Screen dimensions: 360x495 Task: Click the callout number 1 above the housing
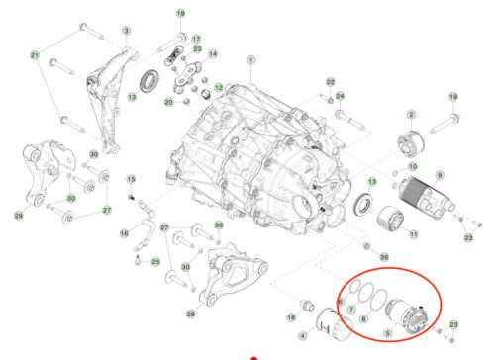(x=251, y=59)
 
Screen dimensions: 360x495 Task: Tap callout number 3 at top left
(x=126, y=31)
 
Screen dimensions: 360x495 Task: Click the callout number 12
(x=217, y=89)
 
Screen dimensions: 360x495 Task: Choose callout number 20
(x=169, y=102)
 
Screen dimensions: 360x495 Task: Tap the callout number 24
(x=341, y=96)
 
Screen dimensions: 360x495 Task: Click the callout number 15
(x=130, y=178)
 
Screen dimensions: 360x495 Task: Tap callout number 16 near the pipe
(x=125, y=233)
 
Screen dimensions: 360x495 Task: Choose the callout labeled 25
(x=154, y=261)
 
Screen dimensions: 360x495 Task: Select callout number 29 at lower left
(x=18, y=216)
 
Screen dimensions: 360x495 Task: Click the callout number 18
(x=292, y=316)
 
